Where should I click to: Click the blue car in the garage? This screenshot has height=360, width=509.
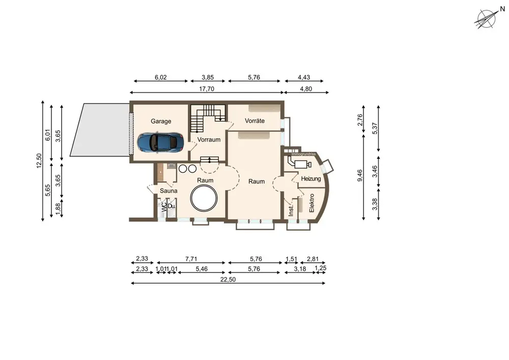tap(160, 142)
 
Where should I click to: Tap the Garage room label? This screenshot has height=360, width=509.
tap(161, 121)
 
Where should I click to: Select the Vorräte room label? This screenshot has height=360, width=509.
tap(255, 121)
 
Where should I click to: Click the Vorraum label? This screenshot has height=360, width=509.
tap(209, 140)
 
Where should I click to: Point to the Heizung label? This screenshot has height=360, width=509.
tap(310, 179)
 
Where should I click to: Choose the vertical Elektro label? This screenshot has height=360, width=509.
tap(312, 203)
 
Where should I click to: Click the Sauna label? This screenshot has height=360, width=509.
tap(168, 190)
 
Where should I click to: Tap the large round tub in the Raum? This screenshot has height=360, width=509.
tap(204, 199)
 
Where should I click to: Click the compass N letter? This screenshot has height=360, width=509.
tap(502, 9)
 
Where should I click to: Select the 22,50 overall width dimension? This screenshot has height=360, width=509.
tap(228, 280)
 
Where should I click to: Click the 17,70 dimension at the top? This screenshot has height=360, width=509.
tap(207, 89)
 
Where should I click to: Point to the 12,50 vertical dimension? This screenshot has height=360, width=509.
tap(39, 161)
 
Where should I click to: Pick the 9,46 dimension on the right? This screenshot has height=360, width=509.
tap(360, 175)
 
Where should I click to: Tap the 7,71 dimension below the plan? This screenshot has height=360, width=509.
tap(191, 259)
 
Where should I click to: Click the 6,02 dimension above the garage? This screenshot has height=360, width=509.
tap(161, 77)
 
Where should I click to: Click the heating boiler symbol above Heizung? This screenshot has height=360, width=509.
tap(299, 162)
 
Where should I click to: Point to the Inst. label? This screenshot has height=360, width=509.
tap(291, 210)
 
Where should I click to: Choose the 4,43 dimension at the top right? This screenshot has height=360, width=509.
tap(304, 77)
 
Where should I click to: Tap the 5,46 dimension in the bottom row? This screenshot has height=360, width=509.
tap(202, 269)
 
